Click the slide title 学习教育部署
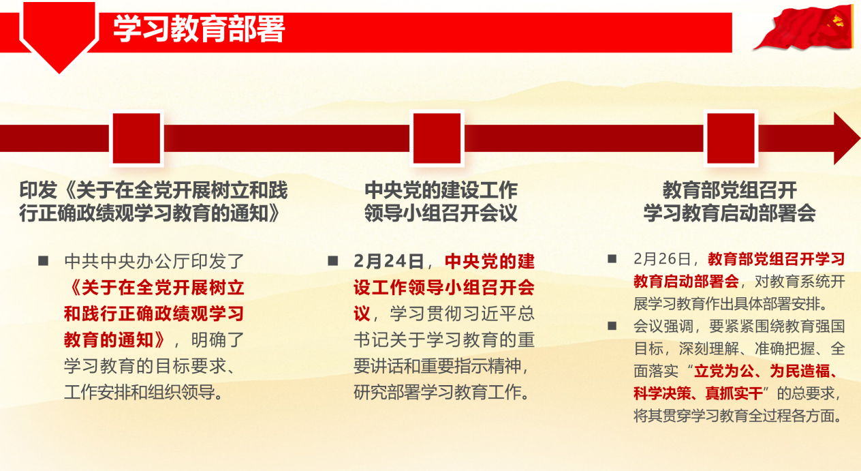[199, 29]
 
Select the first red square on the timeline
[136, 138]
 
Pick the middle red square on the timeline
[437, 138]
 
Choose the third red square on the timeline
[731, 138]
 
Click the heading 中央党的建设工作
[441, 190]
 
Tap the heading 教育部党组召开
[730, 190]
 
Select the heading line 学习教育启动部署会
[730, 213]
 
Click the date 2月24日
[388, 262]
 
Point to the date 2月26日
[661, 259]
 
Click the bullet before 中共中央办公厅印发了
[43, 261]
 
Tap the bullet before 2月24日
[333, 261]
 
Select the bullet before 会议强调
[612, 326]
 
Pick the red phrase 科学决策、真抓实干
[698, 393]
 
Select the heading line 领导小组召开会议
[441, 213]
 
